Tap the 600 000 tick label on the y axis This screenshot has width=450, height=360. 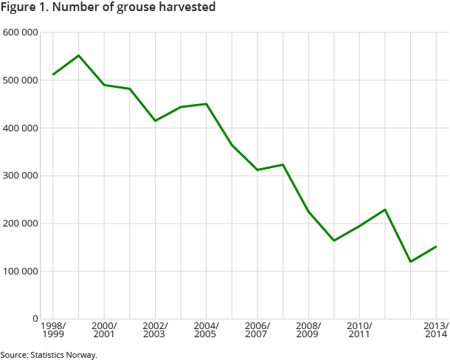click(21, 32)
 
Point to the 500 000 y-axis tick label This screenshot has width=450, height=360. click(21, 80)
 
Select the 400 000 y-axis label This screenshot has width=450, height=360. click(21, 128)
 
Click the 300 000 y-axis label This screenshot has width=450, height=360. click(21, 176)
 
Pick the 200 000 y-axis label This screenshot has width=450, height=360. click(21, 224)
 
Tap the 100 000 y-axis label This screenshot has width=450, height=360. click(21, 271)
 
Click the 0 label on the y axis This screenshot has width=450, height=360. click(35, 319)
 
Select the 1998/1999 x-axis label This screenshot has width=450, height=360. click(53, 330)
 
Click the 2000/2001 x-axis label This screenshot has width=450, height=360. click(104, 330)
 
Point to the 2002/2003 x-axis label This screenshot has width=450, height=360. click(155, 330)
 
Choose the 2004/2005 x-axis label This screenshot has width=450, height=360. click(206, 330)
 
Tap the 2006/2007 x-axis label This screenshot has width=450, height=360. click(257, 330)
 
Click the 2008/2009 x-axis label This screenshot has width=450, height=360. click(308, 330)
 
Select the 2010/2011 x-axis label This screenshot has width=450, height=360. click(359, 330)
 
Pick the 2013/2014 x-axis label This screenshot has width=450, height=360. click(435, 330)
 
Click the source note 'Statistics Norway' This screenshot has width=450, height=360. click(49, 355)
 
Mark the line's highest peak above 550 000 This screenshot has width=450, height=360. click(79, 55)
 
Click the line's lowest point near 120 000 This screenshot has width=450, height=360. click(410, 262)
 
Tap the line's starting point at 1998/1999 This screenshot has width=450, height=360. click(53, 75)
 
